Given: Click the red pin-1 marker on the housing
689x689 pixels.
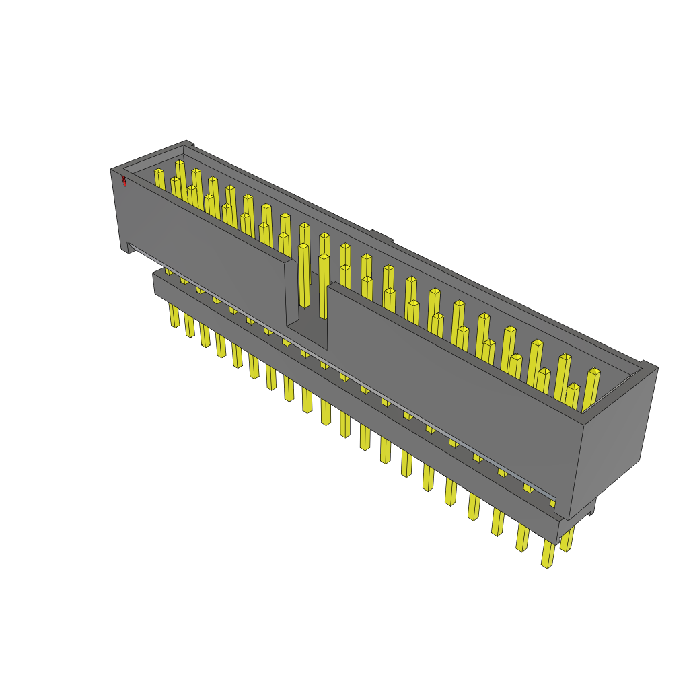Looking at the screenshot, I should point(124,181).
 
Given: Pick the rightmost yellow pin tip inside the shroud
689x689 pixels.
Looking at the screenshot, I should point(594,371).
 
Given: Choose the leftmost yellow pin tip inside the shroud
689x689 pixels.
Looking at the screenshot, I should point(159,172).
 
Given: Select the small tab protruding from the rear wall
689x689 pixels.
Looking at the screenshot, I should point(381,236).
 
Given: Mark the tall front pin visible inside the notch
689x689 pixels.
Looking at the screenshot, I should point(304,276).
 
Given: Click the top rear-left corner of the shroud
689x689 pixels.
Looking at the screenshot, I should point(186,143).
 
